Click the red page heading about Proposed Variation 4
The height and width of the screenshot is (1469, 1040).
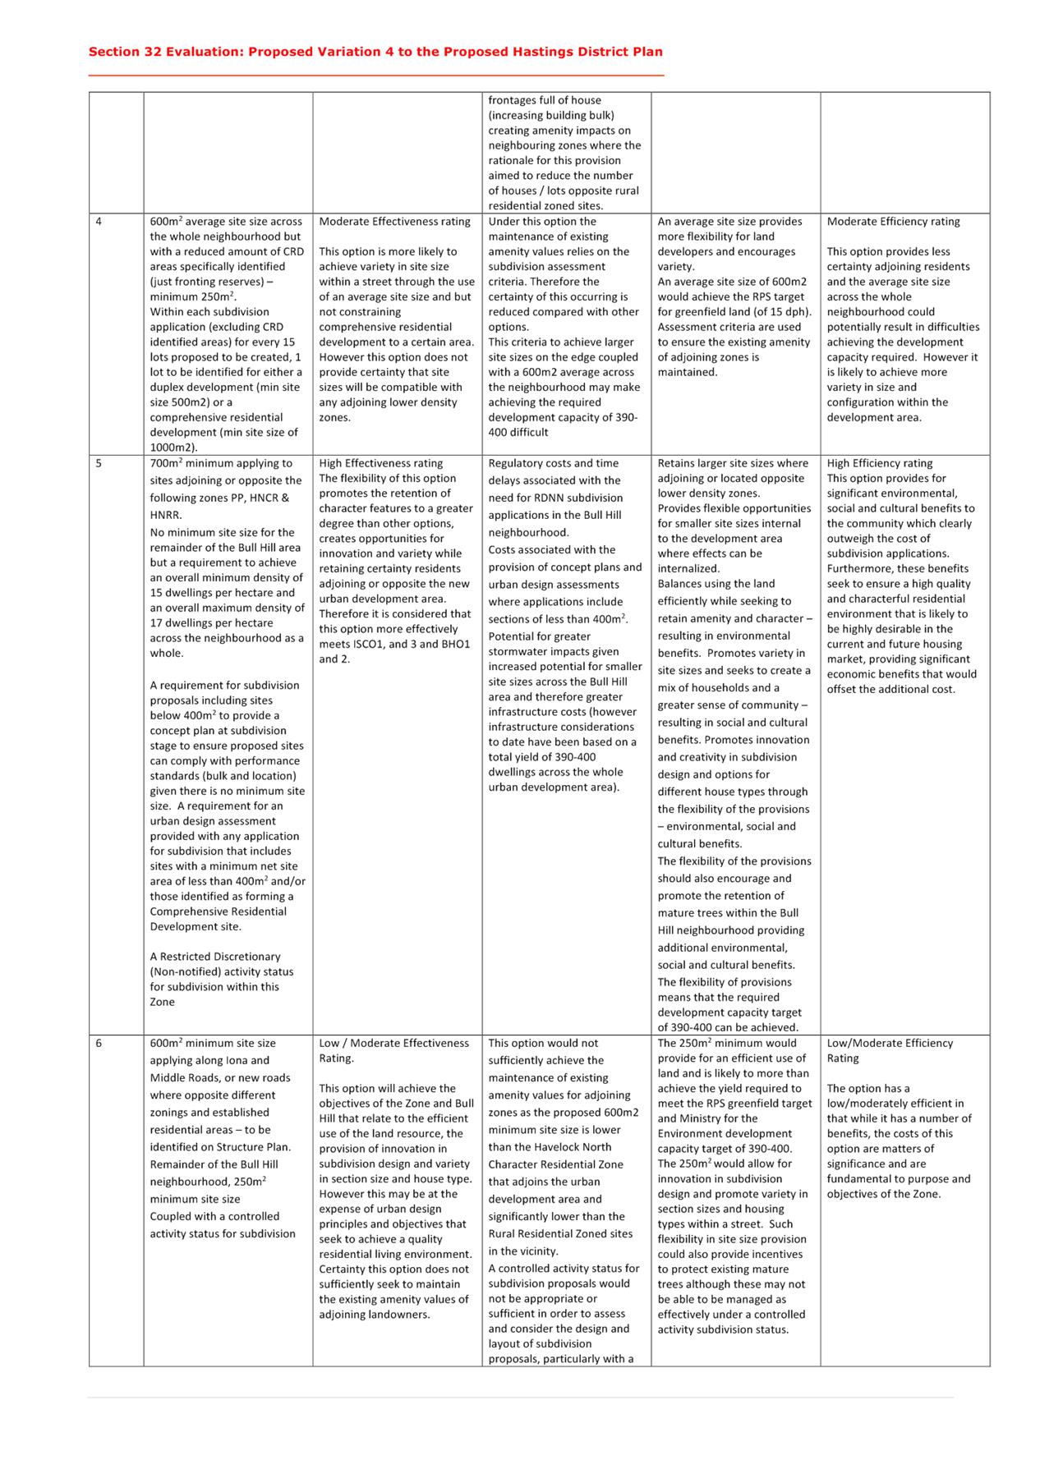pyautogui.click(x=375, y=52)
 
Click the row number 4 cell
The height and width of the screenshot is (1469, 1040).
pyautogui.click(x=99, y=222)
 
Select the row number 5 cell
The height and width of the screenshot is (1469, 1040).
pyautogui.click(x=99, y=463)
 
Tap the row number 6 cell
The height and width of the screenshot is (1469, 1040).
pyautogui.click(x=99, y=1044)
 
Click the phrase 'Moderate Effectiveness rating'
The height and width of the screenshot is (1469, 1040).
pyautogui.click(x=394, y=222)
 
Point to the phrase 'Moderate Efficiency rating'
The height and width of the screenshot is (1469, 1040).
pyautogui.click(x=893, y=222)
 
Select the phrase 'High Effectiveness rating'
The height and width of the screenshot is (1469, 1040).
pyautogui.click(x=380, y=463)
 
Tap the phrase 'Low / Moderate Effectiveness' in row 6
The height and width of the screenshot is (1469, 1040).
pyautogui.click(x=393, y=1044)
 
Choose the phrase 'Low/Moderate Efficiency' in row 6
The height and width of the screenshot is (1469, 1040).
pyautogui.click(x=890, y=1044)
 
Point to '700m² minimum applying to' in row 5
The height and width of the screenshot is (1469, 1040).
pyautogui.click(x=220, y=463)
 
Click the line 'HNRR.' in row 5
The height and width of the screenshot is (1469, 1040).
pyautogui.click(x=166, y=515)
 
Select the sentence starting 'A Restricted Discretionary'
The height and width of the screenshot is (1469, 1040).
pyautogui.click(x=214, y=957)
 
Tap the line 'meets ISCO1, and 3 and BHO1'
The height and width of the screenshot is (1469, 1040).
pyautogui.click(x=394, y=644)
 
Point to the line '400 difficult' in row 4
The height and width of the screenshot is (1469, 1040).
pyautogui.click(x=518, y=433)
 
